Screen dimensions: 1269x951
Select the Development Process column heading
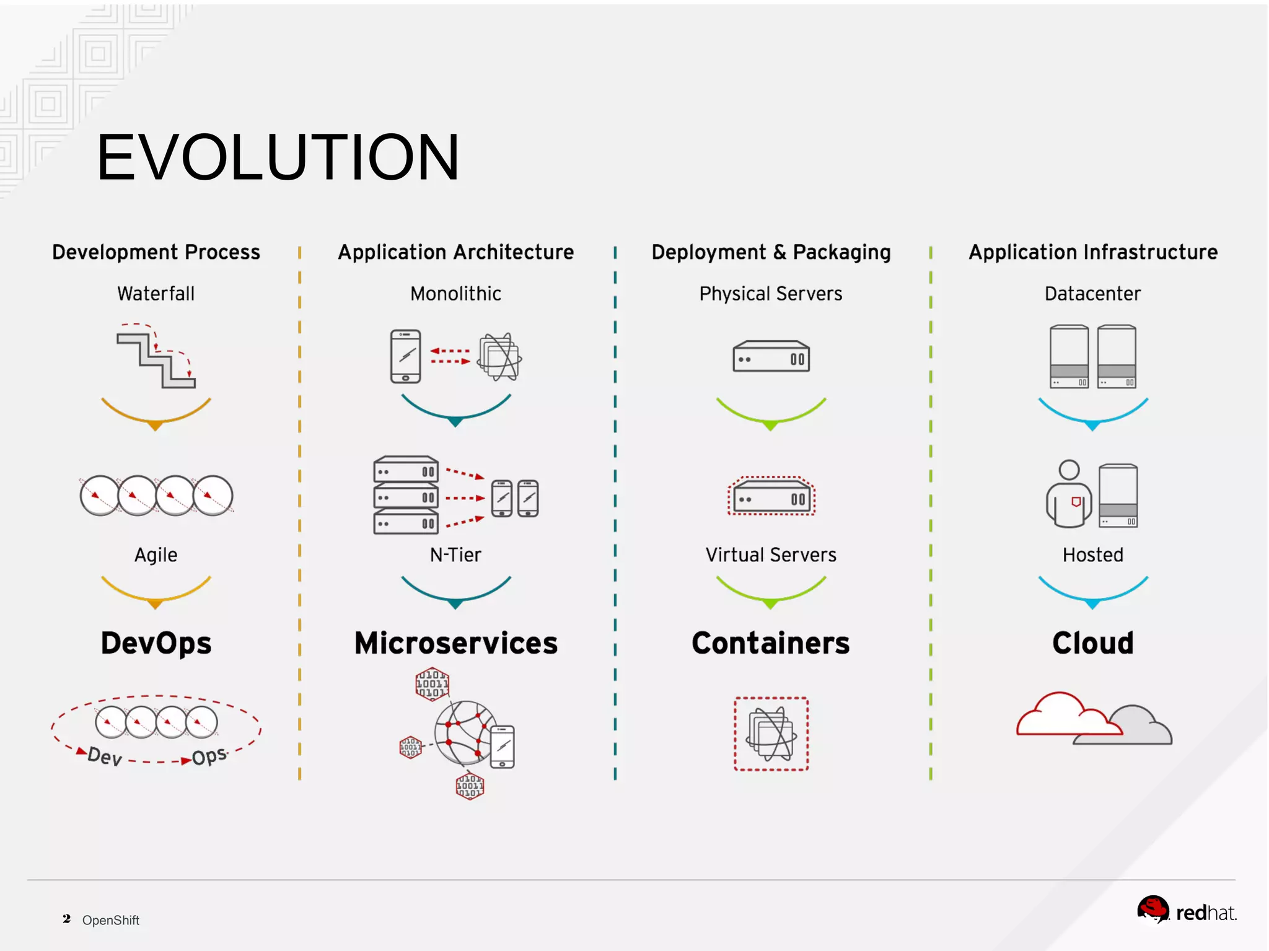pos(156,252)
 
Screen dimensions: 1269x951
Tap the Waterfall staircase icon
pos(156,358)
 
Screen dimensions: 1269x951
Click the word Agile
pos(156,554)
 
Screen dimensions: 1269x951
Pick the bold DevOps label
pos(156,643)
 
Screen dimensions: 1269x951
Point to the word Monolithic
pos(455,294)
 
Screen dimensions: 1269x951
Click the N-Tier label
pos(455,554)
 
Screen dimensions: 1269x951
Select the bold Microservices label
pos(455,643)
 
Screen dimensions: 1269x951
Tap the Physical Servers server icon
pos(771,356)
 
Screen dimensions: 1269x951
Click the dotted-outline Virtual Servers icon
pos(771,496)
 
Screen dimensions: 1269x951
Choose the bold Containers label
pos(771,643)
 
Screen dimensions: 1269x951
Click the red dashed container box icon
pos(771,734)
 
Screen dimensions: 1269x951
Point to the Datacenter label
pos(1092,294)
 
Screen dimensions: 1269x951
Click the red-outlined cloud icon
pos(1061,716)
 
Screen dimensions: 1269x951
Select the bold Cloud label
pos(1092,643)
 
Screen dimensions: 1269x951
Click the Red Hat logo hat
pos(1153,909)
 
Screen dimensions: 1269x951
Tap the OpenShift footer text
pos(111,920)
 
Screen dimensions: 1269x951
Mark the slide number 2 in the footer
pos(66,919)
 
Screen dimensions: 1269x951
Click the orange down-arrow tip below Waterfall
pos(156,426)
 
